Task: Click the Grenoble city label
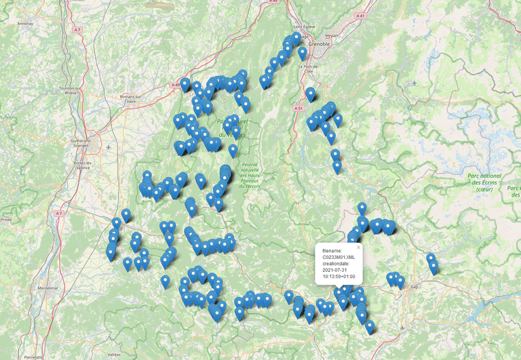click(x=319, y=44)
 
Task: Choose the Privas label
click(x=6, y=220)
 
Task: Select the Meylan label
click(x=332, y=35)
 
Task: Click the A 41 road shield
click(x=362, y=14)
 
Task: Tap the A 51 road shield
click(x=298, y=107)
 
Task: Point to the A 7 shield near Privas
click(x=59, y=214)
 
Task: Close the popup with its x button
click(x=358, y=247)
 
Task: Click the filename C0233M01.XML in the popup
click(x=339, y=258)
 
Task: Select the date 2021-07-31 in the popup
click(x=335, y=270)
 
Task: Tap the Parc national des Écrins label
click(x=484, y=182)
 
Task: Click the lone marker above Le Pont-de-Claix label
click(x=303, y=53)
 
